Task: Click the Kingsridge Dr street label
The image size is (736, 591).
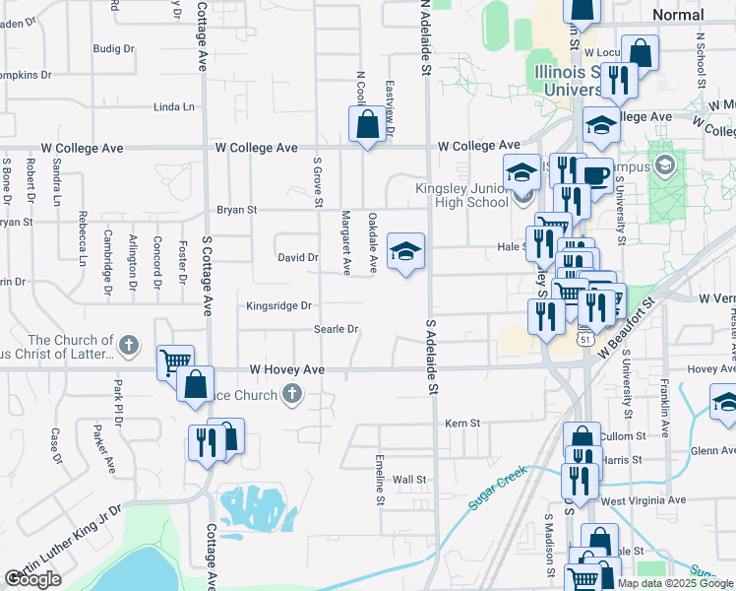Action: tap(278, 306)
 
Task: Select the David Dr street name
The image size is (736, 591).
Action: tap(297, 258)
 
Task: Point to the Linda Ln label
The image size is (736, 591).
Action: tap(174, 106)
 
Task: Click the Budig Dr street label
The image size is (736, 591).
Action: tap(113, 48)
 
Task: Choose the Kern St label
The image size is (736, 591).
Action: tap(461, 423)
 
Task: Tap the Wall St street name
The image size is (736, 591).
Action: tap(409, 480)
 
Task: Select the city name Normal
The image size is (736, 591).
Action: tap(678, 15)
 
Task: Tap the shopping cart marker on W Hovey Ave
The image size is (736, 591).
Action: tap(174, 361)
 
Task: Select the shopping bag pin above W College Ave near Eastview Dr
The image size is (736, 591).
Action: tap(367, 124)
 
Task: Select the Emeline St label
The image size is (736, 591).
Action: tap(380, 480)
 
